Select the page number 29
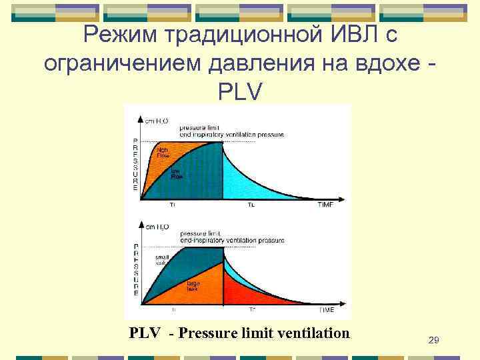pyautogui.click(x=433, y=341)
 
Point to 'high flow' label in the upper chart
pyautogui.click(x=163, y=153)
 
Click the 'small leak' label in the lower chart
pyautogui.click(x=162, y=259)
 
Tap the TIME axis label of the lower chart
pyautogui.click(x=325, y=310)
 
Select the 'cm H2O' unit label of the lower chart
pyautogui.click(x=157, y=227)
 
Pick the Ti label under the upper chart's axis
pyautogui.click(x=173, y=205)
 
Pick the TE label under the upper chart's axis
pyautogui.click(x=251, y=205)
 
